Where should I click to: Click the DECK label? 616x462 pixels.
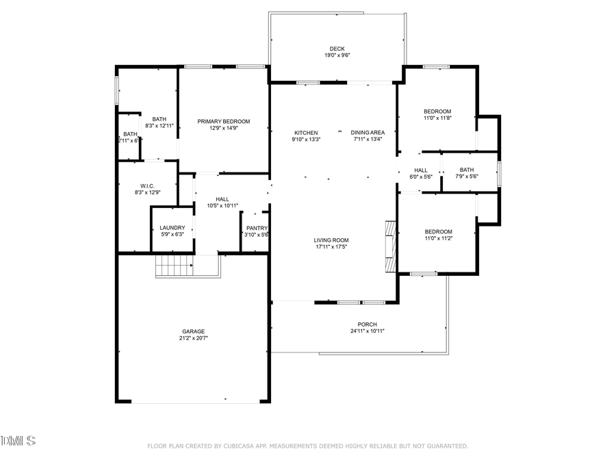coord(337,49)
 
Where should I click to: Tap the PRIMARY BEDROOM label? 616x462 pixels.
coord(224,121)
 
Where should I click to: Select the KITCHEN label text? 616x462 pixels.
coord(306,132)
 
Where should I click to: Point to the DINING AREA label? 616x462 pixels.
coord(368,132)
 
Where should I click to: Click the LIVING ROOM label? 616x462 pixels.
coord(331,240)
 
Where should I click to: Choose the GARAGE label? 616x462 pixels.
coord(193,331)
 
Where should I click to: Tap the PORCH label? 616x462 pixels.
coord(367,324)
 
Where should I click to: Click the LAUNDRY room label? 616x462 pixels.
coord(172,228)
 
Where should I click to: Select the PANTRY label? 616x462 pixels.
coord(257,228)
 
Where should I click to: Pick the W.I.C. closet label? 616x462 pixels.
coord(147,185)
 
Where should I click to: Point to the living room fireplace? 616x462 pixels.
coord(390,246)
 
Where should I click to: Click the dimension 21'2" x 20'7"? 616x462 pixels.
coord(193,338)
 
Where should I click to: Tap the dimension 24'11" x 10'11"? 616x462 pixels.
coord(367,331)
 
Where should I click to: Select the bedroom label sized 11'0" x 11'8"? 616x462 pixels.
coord(437,112)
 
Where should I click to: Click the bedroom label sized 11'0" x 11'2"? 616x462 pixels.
coord(437,231)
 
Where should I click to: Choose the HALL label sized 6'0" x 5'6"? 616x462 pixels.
coord(421,170)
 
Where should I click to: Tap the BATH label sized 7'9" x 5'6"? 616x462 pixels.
coord(467,170)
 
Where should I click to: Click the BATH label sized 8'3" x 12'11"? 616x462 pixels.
coord(159,119)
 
